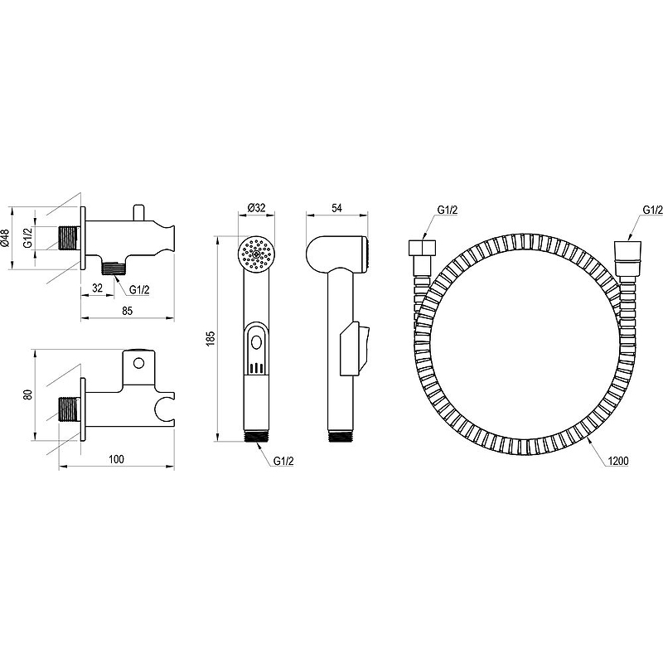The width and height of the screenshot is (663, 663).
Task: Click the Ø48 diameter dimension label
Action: [5, 238]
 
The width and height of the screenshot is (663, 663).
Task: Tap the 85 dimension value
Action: [127, 311]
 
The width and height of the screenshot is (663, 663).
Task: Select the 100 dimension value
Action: [116, 459]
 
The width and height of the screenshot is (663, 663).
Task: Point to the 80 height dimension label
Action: [28, 395]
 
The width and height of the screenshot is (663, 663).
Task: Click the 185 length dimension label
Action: [211, 339]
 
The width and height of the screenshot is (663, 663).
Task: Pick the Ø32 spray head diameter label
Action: [256, 208]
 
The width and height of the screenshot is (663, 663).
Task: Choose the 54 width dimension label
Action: [336, 208]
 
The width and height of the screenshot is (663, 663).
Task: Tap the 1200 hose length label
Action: [618, 461]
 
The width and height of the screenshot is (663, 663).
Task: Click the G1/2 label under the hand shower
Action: [283, 462]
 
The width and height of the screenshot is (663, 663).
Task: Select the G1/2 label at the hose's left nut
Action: [448, 210]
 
